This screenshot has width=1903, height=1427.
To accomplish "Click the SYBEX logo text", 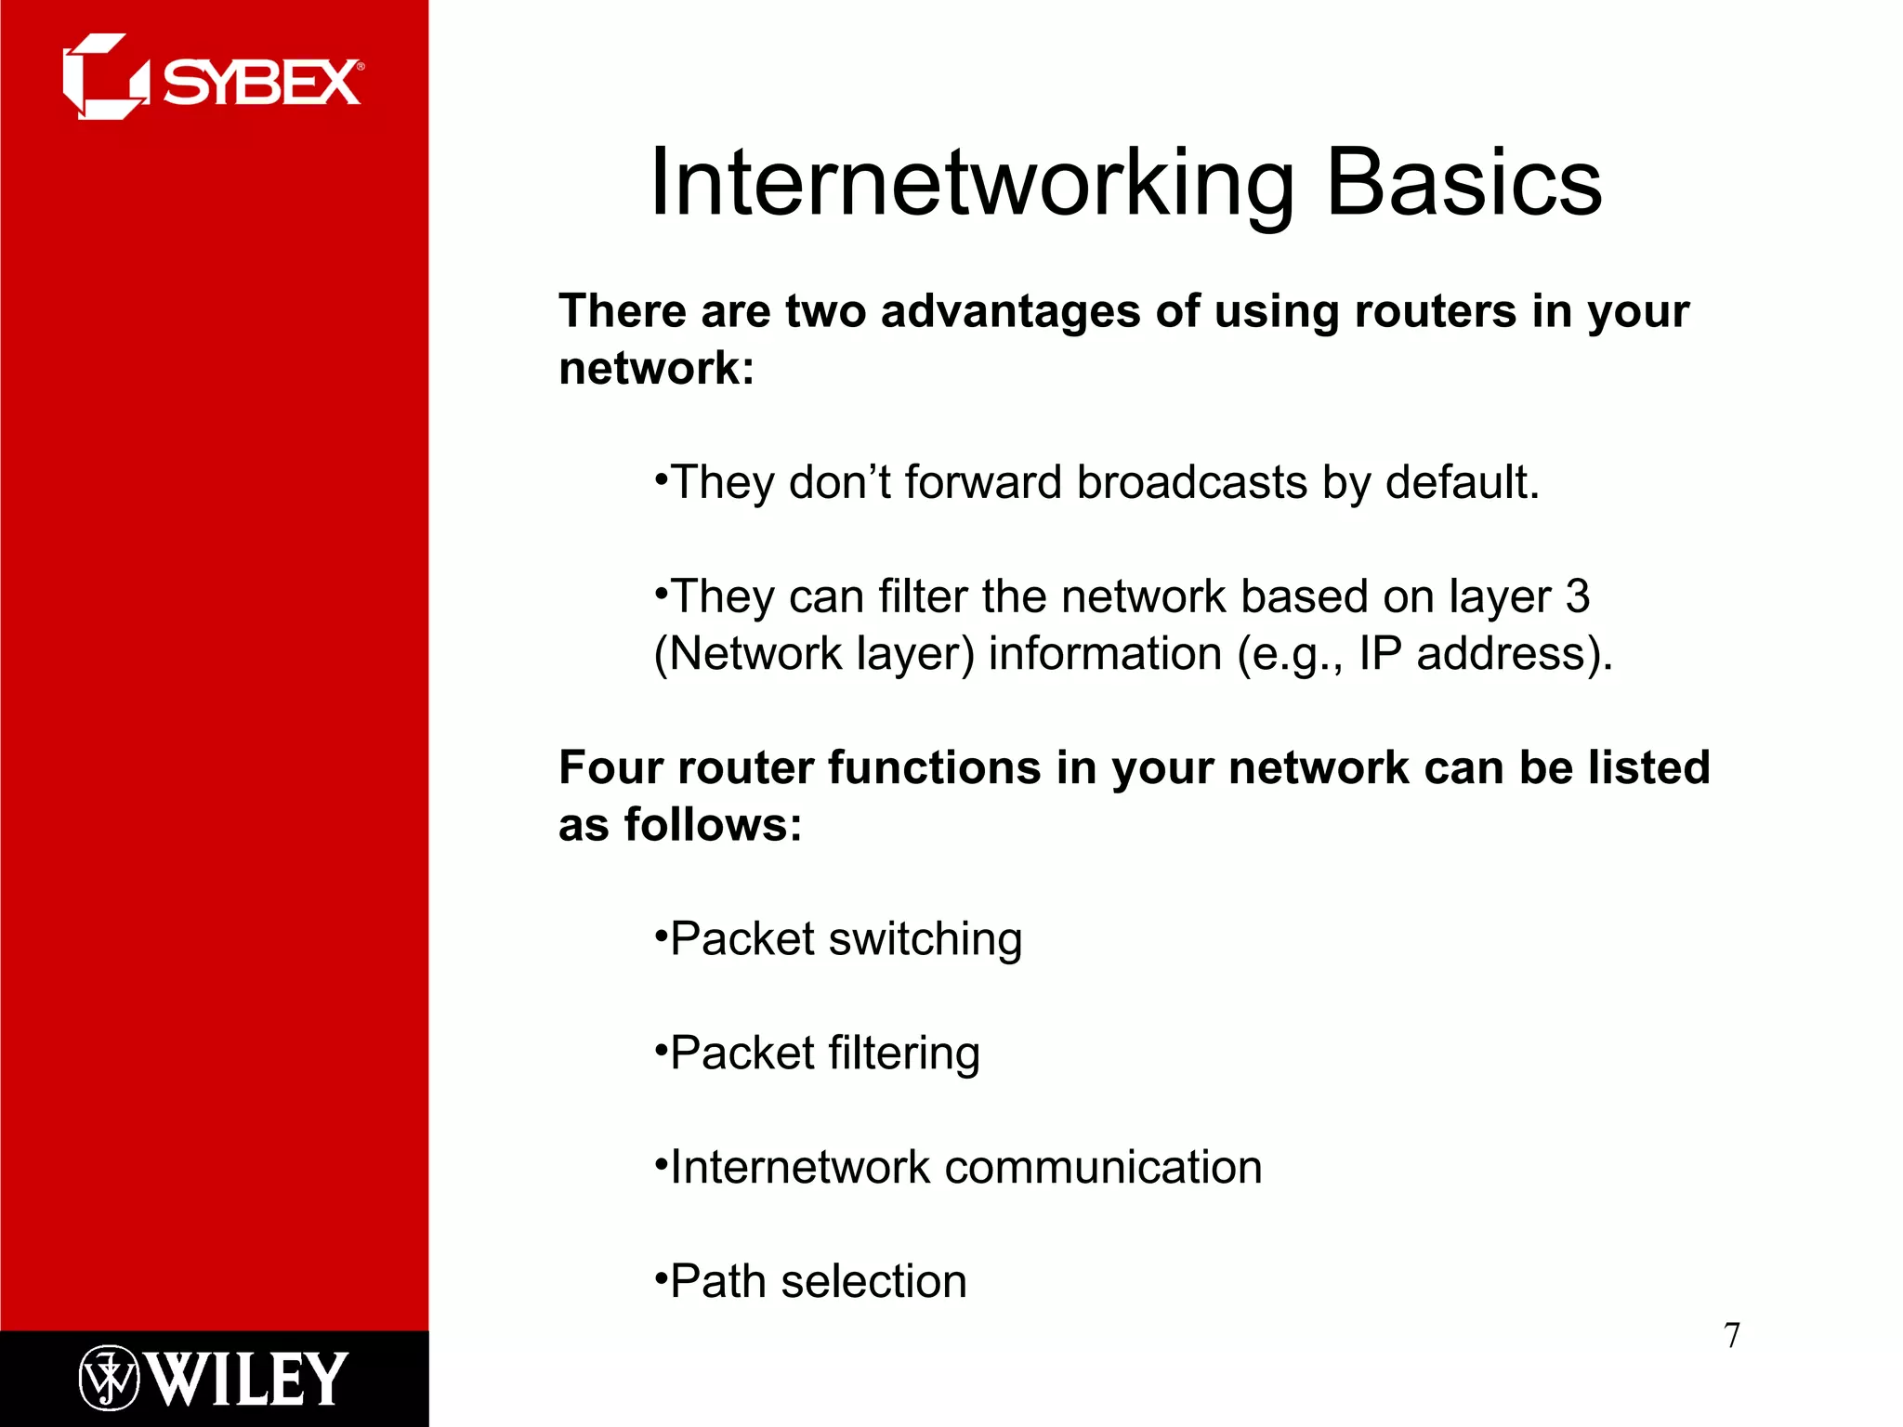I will [x=262, y=83].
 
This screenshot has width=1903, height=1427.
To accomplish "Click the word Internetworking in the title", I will [x=972, y=183].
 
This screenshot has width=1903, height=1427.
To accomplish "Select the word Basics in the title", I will [x=1463, y=183].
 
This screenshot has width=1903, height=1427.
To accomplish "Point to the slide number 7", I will [x=1731, y=1335].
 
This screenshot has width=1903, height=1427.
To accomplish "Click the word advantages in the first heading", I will [x=1010, y=310].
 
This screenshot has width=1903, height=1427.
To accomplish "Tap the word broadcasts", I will [x=1191, y=482].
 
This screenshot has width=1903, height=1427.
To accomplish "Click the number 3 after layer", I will [x=1577, y=596].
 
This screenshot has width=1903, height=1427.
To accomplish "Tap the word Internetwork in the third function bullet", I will [x=799, y=1168].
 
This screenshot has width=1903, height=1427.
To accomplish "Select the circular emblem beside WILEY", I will [x=109, y=1379].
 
